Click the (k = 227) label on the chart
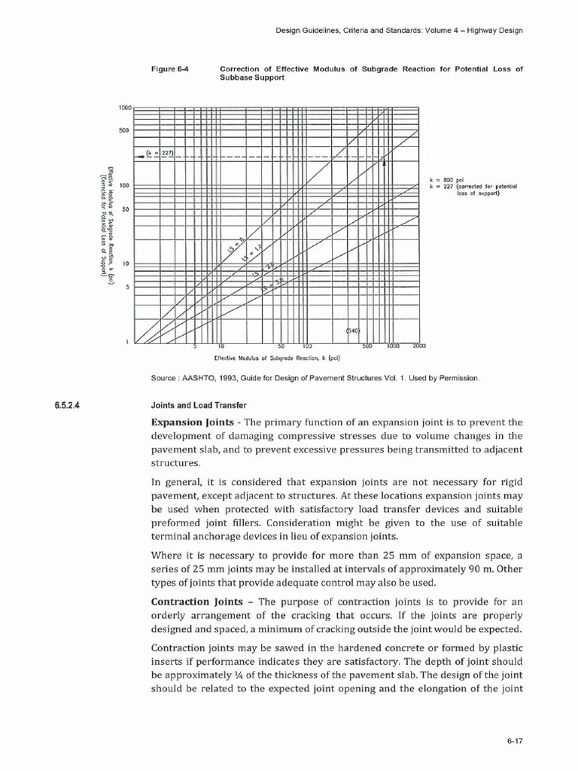(x=160, y=153)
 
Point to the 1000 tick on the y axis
(x=124, y=108)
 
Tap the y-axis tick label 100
(x=125, y=185)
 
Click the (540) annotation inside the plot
(x=354, y=330)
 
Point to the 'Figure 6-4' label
(x=169, y=69)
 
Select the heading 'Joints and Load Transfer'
(x=194, y=406)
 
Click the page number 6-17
(x=515, y=741)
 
